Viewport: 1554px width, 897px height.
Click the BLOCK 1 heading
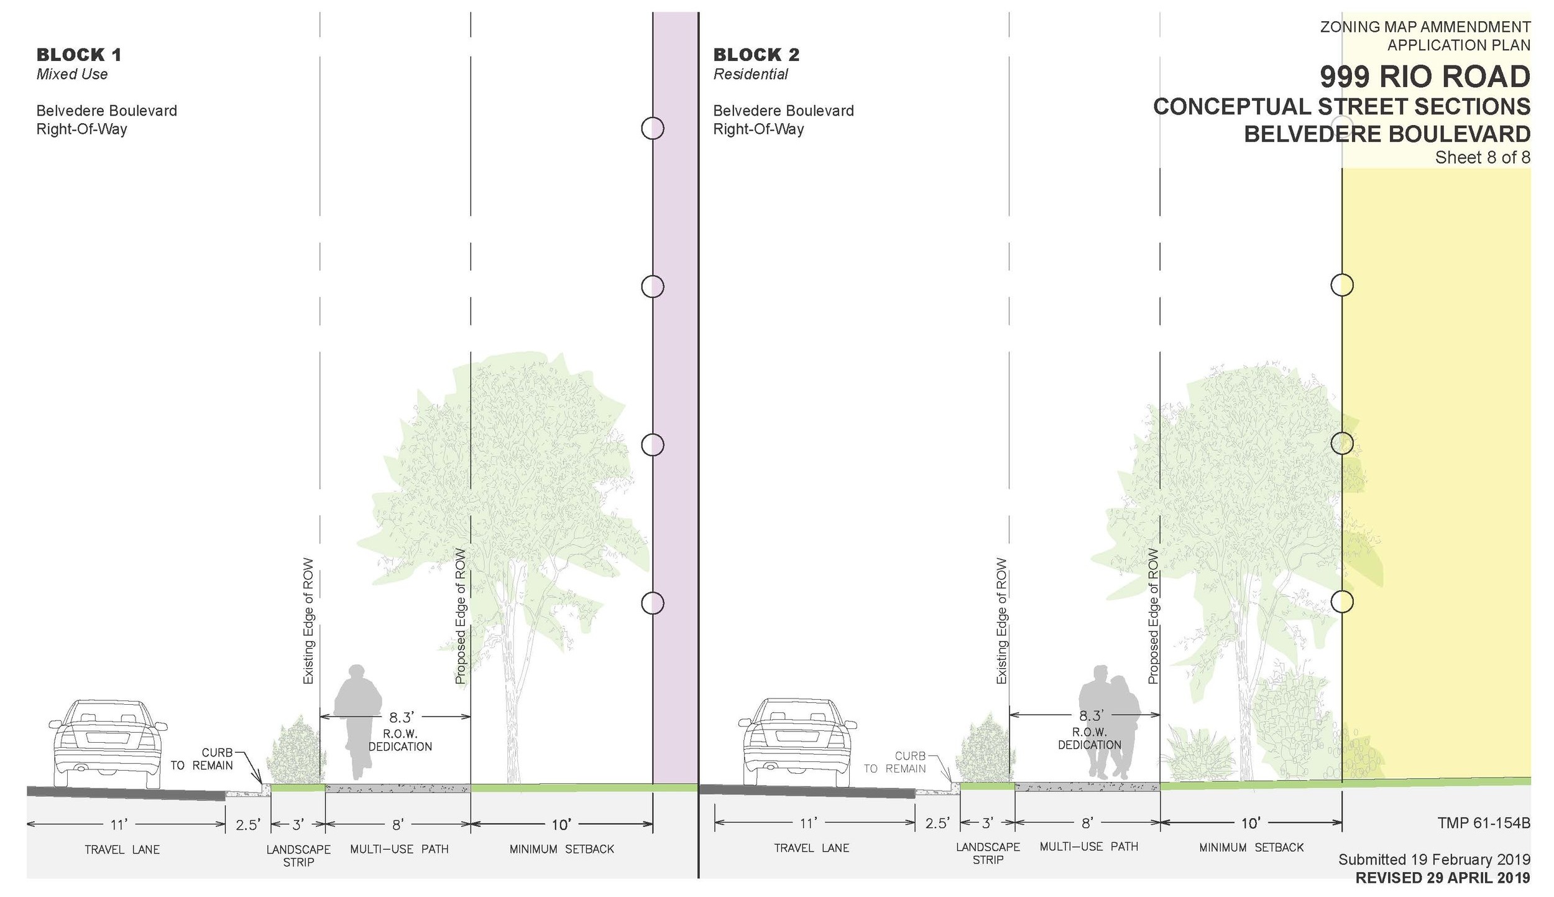pyautogui.click(x=79, y=55)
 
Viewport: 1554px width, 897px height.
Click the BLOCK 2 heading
pyautogui.click(x=756, y=55)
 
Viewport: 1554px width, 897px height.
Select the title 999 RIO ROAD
pyautogui.click(x=1425, y=77)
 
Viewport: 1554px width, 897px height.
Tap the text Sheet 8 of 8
pyautogui.click(x=1483, y=157)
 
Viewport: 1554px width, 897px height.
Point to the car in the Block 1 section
pyautogui.click(x=108, y=743)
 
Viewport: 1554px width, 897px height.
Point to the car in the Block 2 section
pyautogui.click(x=798, y=743)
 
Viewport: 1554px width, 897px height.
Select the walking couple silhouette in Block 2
pyautogui.click(x=1109, y=722)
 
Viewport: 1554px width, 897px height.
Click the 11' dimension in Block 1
pyautogui.click(x=119, y=825)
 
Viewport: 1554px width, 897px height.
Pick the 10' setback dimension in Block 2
pyautogui.click(x=1250, y=824)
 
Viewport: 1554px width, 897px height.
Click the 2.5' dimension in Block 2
pyautogui.click(x=937, y=824)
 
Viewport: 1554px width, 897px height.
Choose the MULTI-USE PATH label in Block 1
pyautogui.click(x=399, y=849)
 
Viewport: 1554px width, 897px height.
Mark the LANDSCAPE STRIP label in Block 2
pyautogui.click(x=988, y=853)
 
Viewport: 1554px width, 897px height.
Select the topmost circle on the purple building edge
pyautogui.click(x=653, y=128)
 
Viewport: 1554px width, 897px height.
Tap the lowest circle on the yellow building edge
pyautogui.click(x=1342, y=602)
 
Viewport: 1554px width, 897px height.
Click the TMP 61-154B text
pyautogui.click(x=1483, y=823)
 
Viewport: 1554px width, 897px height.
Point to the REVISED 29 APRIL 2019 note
pyautogui.click(x=1442, y=878)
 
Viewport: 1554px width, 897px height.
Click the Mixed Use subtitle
pyautogui.click(x=72, y=75)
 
